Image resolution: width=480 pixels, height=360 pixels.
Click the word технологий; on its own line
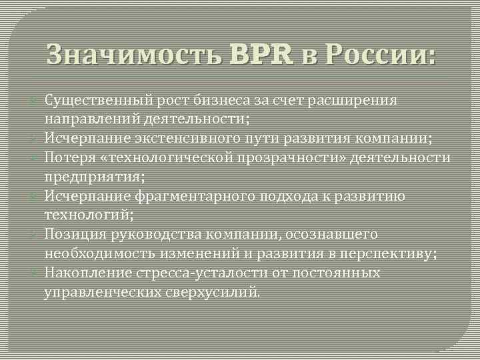[x=89, y=215]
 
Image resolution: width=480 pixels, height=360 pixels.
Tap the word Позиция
[x=71, y=235]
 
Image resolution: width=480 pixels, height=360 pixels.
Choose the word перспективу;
[x=393, y=254]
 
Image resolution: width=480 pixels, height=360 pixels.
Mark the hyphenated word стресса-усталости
[x=188, y=273]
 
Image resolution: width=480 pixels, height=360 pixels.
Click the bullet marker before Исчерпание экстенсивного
[x=35, y=139]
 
